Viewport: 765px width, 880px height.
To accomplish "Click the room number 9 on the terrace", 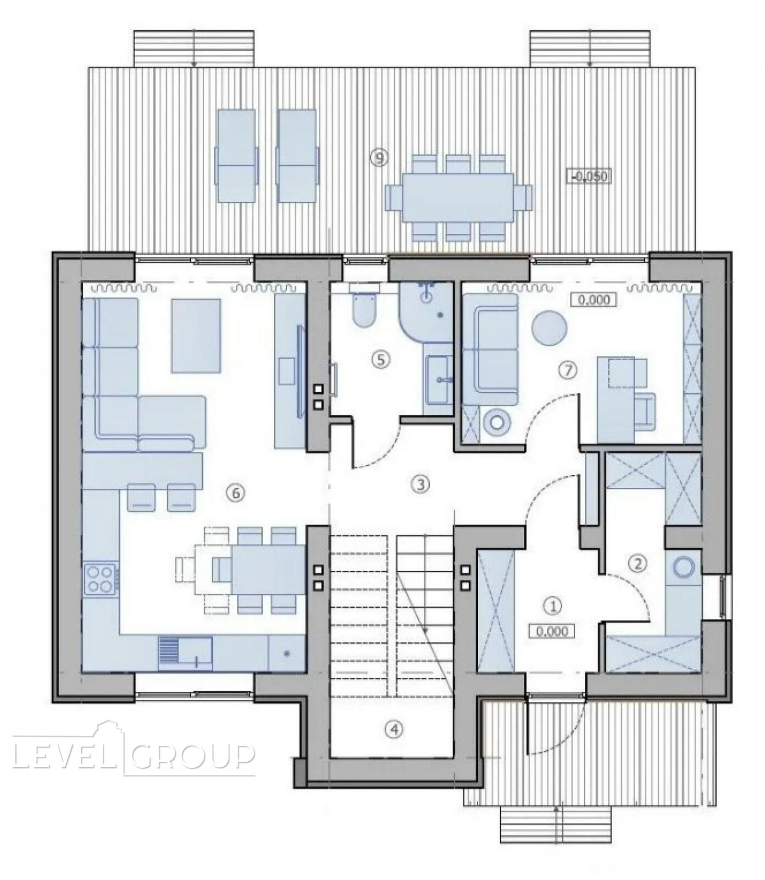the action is [x=379, y=158].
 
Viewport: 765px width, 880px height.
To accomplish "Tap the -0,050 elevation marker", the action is [x=590, y=177].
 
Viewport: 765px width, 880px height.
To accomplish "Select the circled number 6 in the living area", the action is [x=236, y=493].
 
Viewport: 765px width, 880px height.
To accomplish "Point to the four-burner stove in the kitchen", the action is [x=101, y=579].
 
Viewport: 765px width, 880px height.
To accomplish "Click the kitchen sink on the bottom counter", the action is [x=185, y=653].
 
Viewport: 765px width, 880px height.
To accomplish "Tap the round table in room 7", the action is [x=549, y=328].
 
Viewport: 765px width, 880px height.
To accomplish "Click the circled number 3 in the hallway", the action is [x=420, y=484].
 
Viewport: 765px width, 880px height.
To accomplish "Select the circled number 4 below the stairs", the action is [x=394, y=729].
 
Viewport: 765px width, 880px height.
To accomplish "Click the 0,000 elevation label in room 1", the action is [x=552, y=631].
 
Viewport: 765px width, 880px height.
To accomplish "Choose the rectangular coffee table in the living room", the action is [x=196, y=335].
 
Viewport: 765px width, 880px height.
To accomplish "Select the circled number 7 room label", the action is [x=568, y=371].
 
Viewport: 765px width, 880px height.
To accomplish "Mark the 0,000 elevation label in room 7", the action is [x=594, y=300].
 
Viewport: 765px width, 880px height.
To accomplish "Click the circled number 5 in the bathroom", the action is [x=380, y=360].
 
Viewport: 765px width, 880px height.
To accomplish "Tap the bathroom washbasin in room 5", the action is [x=439, y=376].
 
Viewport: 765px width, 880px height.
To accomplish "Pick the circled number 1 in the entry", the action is [x=553, y=606].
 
